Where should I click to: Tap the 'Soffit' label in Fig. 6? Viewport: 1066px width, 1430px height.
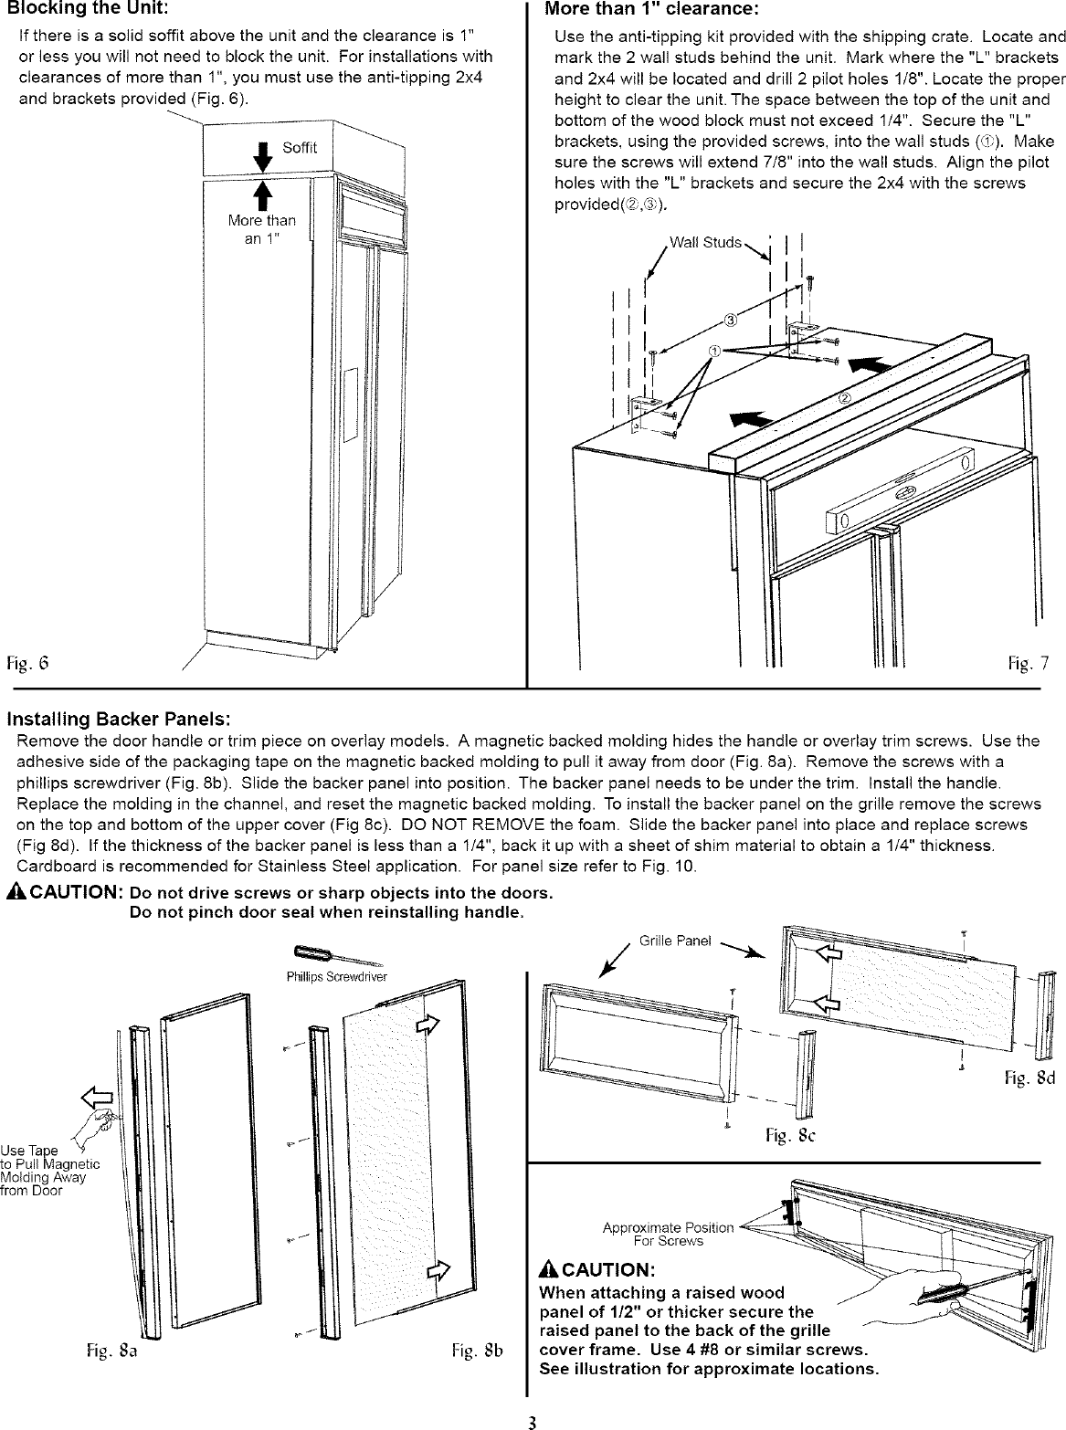(300, 148)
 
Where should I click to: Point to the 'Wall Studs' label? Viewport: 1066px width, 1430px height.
(707, 242)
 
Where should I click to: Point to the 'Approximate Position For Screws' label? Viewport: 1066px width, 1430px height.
(669, 1234)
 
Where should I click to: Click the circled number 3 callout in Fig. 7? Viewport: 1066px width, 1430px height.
(730, 320)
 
